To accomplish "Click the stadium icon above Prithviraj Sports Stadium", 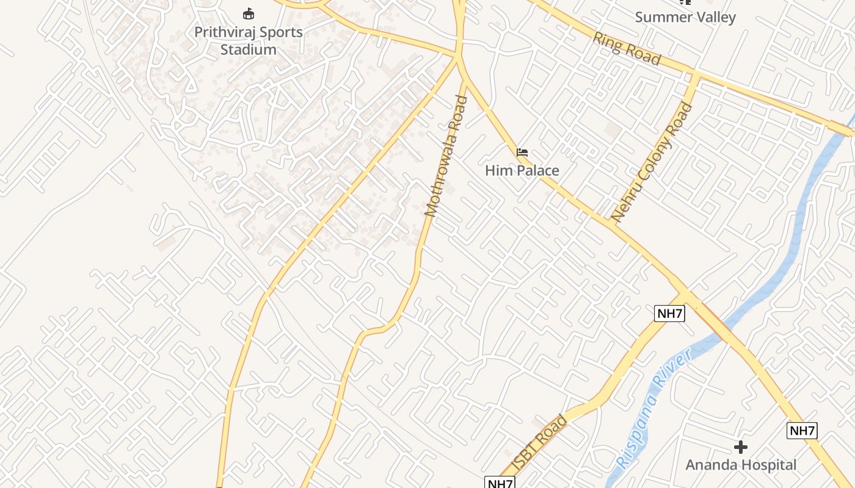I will coord(248,13).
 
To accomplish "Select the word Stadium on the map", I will coord(248,49).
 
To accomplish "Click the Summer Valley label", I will coord(685,17).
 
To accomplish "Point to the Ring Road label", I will coord(627,48).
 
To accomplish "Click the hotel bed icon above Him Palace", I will coord(522,152).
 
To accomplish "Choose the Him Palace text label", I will coord(522,170).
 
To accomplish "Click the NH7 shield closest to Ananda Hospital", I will coord(802,431).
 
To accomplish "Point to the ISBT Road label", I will coord(540,442).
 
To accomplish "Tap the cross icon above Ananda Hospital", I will coord(741,448).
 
